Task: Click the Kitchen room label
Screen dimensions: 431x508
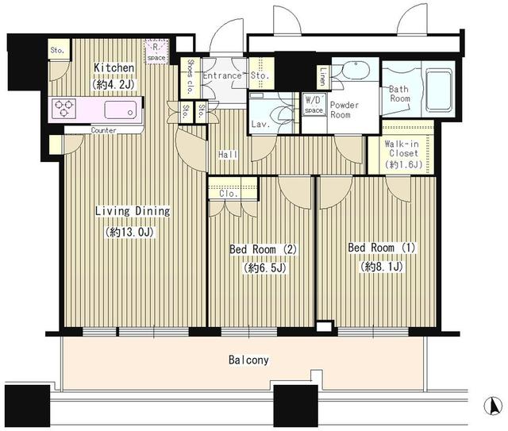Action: [111, 67]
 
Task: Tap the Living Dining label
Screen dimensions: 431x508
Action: [133, 211]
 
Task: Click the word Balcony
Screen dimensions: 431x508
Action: [248, 360]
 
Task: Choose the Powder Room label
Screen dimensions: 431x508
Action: [344, 110]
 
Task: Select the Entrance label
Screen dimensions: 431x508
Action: [222, 76]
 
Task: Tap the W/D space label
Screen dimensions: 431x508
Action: [314, 105]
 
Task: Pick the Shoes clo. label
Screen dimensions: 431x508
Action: [190, 75]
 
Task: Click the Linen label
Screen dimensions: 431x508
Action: [322, 76]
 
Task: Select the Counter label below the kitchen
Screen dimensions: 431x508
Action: [104, 130]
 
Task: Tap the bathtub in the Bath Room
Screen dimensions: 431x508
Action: [439, 93]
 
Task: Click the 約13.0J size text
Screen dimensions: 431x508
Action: [132, 233]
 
